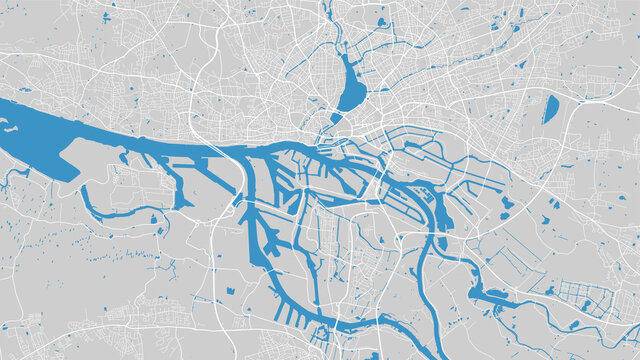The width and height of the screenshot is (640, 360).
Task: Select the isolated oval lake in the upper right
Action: point(550,110)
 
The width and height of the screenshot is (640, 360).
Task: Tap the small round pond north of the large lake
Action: point(381,21)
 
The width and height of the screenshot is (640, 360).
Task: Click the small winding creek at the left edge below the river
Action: point(8,180)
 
